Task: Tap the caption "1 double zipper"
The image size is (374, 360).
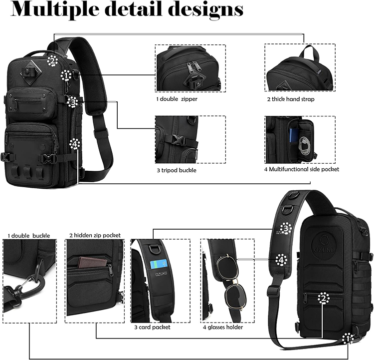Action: tap(177, 99)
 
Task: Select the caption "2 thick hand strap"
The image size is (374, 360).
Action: tap(291, 99)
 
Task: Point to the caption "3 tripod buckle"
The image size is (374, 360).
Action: tap(177, 170)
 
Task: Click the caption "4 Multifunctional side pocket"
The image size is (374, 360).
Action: tap(302, 169)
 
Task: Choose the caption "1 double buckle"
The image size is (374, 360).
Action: tap(29, 236)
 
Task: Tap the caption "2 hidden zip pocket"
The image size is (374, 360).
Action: tap(95, 235)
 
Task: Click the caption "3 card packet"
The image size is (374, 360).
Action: tap(152, 327)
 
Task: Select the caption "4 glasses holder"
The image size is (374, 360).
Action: tap(223, 327)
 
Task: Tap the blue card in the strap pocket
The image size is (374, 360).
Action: tap(159, 264)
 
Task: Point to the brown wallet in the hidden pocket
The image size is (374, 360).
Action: tap(93, 263)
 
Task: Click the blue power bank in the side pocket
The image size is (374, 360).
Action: tap(293, 136)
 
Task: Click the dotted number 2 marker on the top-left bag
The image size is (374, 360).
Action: tap(53, 60)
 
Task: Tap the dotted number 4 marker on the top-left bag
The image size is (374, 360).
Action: tap(75, 144)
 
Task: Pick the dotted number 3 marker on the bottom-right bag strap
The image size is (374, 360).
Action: tap(286, 228)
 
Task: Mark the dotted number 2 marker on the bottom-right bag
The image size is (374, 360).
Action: tap(324, 298)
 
